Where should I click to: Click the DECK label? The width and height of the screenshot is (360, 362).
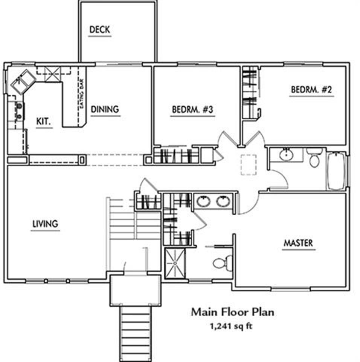(100, 29)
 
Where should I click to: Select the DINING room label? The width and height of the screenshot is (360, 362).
(105, 109)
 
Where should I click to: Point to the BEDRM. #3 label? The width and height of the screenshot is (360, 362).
(192, 109)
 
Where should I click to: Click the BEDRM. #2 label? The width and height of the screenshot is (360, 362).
(311, 90)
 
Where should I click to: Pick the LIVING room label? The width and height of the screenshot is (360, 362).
(45, 224)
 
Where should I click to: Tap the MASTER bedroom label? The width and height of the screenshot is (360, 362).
(298, 243)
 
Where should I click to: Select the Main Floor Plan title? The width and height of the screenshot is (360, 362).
(233, 312)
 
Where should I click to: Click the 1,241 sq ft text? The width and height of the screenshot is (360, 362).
(231, 326)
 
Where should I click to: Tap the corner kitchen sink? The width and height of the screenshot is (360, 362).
(23, 82)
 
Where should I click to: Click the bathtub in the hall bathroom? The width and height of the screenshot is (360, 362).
(336, 170)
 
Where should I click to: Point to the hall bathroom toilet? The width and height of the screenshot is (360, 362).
(314, 157)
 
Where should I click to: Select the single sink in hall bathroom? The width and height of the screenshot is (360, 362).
(286, 155)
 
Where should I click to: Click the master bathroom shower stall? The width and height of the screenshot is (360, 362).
(175, 263)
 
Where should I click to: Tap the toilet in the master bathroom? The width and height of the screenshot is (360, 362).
(222, 262)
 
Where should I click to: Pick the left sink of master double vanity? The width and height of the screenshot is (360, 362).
(203, 201)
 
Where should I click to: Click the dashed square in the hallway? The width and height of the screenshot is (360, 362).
(249, 165)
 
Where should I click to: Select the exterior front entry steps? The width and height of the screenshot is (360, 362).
(135, 334)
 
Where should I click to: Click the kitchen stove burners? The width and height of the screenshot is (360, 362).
(19, 112)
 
